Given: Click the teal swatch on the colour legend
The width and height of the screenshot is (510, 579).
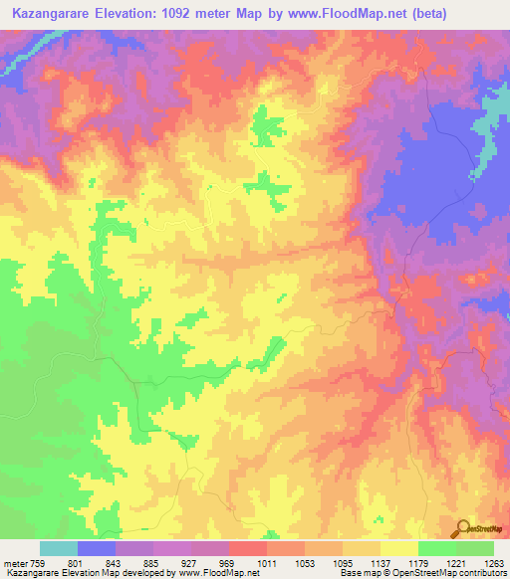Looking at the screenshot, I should [58, 547].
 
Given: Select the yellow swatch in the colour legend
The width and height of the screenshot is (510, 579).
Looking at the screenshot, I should [398, 547].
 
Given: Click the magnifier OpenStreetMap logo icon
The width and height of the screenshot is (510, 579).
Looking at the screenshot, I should [463, 526].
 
